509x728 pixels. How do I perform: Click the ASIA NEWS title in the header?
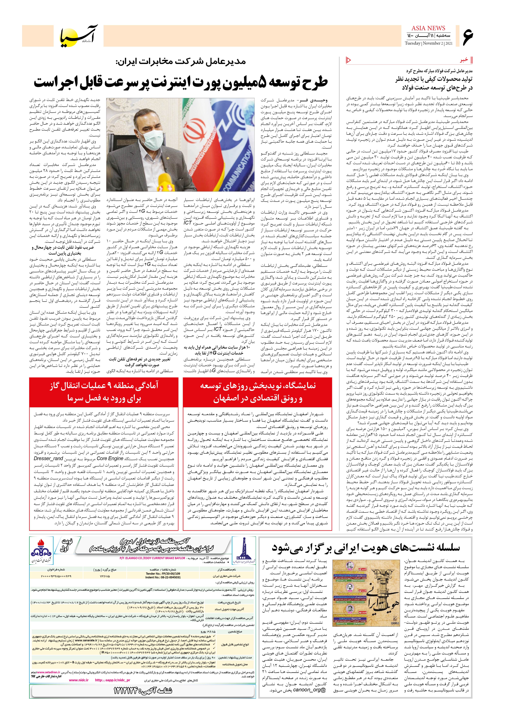(429, 28)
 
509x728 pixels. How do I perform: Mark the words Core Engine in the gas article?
(110, 459)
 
